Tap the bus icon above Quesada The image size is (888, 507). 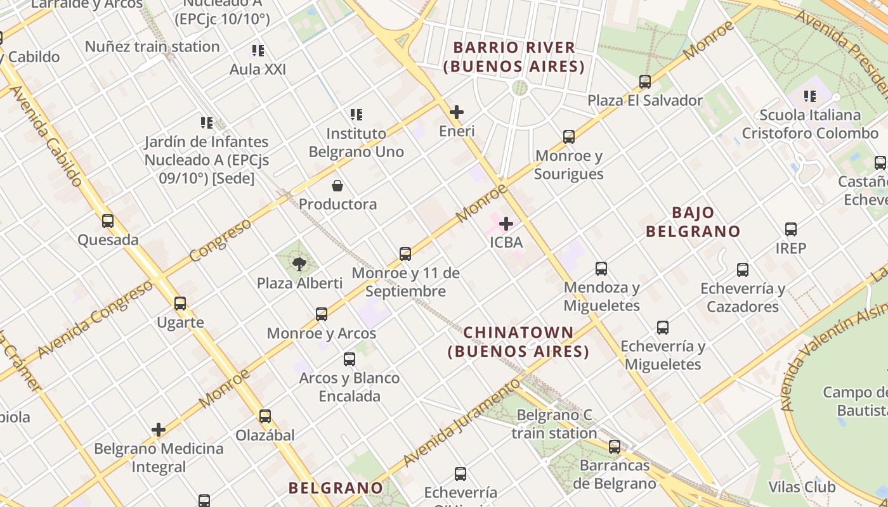[108, 221]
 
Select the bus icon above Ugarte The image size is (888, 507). [180, 304]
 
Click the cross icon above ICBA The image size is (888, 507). [506, 224]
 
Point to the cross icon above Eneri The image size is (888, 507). [456, 113]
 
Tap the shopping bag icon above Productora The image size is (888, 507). [337, 186]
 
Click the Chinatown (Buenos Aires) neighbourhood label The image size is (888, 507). [518, 342]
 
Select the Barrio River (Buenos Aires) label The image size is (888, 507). [514, 56]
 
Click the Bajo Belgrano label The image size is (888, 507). [693, 221]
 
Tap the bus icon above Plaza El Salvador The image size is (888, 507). [645, 82]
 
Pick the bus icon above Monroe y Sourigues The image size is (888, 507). [569, 137]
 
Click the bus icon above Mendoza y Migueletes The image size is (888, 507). [601, 269]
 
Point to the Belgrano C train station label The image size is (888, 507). [554, 425]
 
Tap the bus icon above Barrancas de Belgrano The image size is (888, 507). [615, 447]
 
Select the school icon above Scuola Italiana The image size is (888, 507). [810, 96]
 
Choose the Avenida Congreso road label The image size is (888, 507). [95, 319]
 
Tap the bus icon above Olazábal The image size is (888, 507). [265, 416]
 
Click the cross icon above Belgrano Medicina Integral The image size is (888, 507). [159, 430]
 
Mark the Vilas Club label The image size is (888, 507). [802, 487]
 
